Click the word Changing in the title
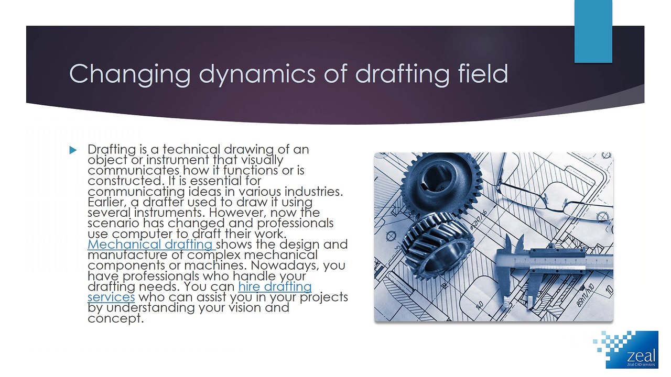point(129,74)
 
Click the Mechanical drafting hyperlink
point(150,245)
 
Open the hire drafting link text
point(275,287)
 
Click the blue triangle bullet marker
point(73,150)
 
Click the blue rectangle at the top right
point(593,31)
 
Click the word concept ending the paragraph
point(115,318)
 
